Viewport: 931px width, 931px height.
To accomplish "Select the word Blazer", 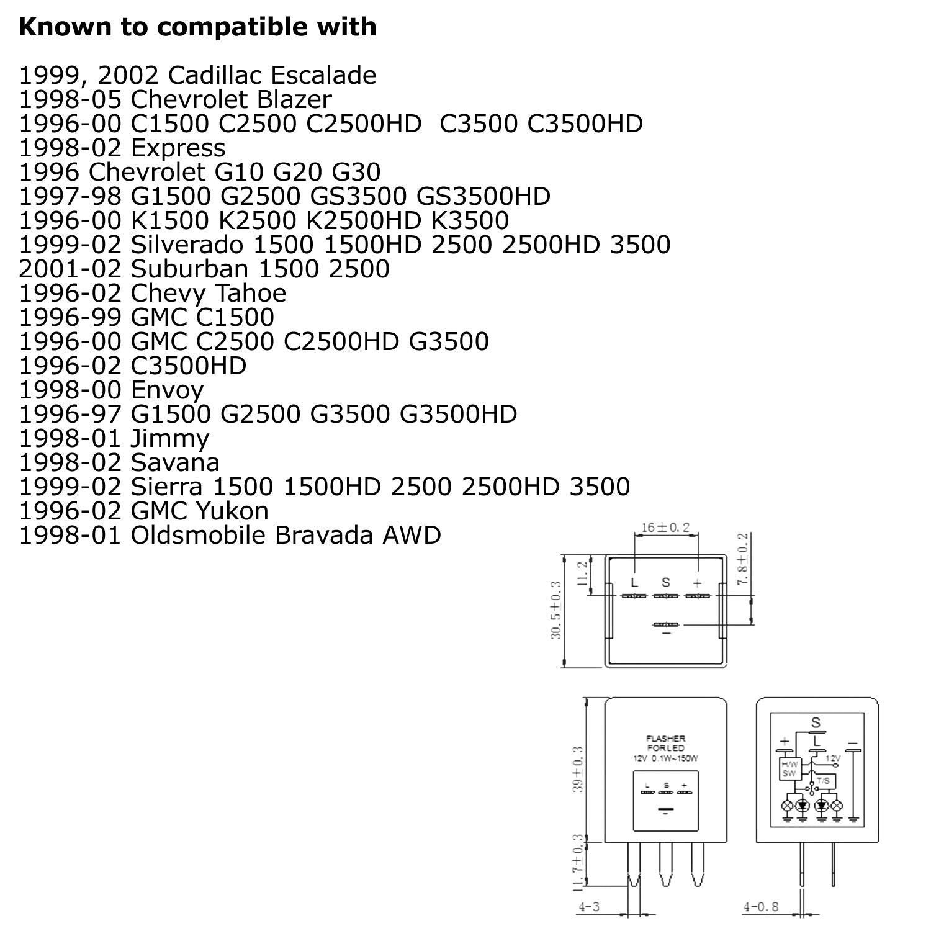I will coord(293,100).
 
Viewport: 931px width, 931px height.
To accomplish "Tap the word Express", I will coord(178,148).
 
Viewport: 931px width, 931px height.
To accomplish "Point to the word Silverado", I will coord(187,245).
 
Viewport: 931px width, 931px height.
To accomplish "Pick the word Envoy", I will coord(168,390).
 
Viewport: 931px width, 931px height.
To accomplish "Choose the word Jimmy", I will coord(170,439).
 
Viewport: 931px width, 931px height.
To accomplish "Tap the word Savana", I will coord(175,463).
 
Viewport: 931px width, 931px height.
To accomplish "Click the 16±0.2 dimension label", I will coord(665,528).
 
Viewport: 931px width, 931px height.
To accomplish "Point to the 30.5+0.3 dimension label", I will coord(556,610).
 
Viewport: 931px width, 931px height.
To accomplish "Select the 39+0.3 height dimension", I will coord(578,768).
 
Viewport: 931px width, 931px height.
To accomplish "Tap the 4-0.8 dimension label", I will coord(761,907).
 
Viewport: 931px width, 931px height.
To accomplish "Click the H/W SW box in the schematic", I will coord(789,769).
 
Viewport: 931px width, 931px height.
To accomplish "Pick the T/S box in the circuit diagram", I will coord(824,780).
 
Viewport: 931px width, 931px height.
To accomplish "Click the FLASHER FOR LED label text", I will coord(666,743).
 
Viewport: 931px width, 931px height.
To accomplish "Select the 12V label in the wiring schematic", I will coord(833,758).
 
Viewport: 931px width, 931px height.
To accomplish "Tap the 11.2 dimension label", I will coord(582,574).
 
